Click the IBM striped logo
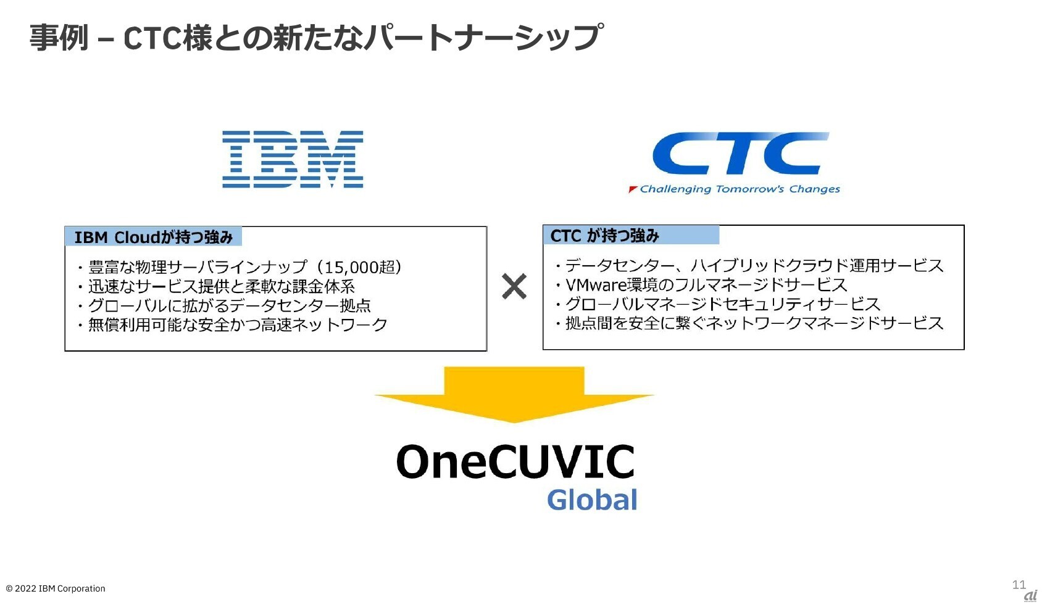point(293,159)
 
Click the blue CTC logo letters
point(740,154)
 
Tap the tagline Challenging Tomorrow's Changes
point(740,189)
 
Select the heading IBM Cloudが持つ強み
point(153,237)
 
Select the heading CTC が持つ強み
point(604,236)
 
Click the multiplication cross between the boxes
point(514,287)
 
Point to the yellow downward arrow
point(514,394)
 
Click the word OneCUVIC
point(515,462)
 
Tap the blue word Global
point(591,500)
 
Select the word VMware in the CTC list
point(596,285)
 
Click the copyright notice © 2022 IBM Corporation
point(56,588)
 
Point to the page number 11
point(1019,584)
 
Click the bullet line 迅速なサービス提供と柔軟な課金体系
point(221,287)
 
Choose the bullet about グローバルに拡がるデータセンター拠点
point(229,306)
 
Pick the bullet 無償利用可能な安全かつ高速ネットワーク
point(237,325)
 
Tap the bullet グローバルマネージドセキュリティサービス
point(722,304)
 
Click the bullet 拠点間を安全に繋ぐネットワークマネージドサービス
point(754,323)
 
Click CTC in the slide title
point(152,38)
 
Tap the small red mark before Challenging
point(632,189)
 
